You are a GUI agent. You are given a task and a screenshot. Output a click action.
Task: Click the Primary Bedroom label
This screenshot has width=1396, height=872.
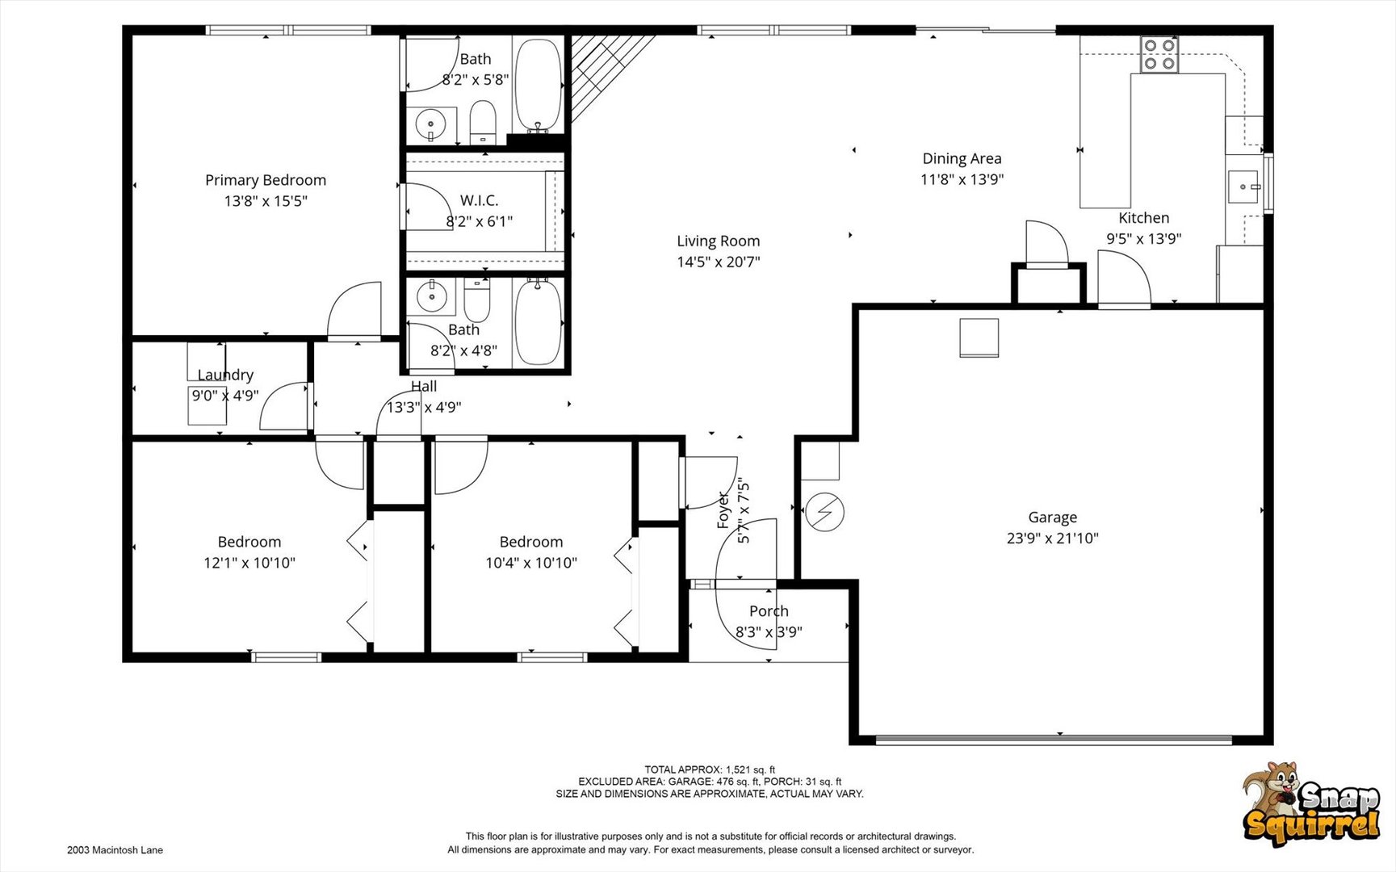point(266,180)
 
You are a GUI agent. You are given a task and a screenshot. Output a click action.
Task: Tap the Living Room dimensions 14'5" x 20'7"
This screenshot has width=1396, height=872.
point(719,262)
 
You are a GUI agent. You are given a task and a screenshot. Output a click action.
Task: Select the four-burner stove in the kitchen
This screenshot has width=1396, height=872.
point(1159,54)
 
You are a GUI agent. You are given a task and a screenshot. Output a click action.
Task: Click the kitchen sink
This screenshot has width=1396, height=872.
point(1244,187)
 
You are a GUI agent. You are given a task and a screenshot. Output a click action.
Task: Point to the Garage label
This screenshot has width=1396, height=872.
point(1052,518)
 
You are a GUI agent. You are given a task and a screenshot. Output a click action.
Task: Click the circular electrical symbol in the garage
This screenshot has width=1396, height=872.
point(824,512)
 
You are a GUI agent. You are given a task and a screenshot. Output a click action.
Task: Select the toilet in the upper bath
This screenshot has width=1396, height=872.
point(483,121)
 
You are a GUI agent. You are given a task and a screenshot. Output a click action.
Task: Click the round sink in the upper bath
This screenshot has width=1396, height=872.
point(430,124)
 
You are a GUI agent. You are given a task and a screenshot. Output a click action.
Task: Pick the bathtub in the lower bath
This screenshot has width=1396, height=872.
point(538,321)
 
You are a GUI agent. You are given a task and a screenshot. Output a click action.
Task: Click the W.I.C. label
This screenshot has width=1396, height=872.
point(480,200)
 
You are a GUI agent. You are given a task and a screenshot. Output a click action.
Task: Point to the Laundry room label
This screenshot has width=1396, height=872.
point(225,375)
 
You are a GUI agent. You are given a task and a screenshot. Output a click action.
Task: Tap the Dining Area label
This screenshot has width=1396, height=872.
point(962,159)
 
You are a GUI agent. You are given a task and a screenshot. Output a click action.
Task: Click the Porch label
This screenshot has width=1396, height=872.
point(769,611)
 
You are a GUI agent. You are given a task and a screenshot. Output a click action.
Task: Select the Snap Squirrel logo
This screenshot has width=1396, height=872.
point(1310,804)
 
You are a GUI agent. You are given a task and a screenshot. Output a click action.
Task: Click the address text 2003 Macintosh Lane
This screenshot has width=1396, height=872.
point(115,850)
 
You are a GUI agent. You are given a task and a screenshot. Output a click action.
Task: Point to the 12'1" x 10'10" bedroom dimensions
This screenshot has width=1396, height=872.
point(249,563)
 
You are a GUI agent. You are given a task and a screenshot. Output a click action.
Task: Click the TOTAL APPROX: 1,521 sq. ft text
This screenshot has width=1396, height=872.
point(710,769)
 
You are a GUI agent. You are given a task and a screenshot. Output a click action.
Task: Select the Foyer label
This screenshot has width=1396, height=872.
point(723,510)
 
